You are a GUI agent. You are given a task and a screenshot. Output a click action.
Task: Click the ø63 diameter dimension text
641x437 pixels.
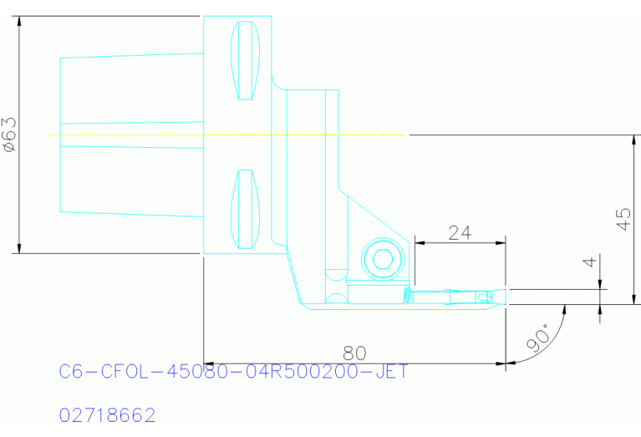tap(9, 134)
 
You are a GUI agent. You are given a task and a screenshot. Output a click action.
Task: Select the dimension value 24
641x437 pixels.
tap(460, 233)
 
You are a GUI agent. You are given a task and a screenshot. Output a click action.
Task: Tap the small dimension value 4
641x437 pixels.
tap(590, 262)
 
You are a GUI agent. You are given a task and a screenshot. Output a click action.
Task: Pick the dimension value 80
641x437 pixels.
tap(356, 352)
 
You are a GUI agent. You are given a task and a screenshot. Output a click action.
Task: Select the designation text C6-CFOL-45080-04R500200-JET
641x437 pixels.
tap(234, 372)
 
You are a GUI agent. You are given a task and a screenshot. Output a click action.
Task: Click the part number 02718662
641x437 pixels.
tap(108, 415)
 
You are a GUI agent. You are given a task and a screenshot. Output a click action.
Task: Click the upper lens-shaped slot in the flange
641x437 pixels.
tap(245, 60)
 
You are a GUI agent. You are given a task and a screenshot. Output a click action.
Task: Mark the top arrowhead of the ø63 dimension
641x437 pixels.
tap(18, 21)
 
